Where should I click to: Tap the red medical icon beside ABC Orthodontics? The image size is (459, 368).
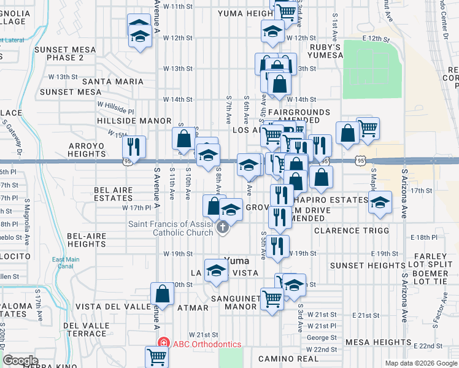(163, 343)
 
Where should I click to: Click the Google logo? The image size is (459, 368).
(20, 361)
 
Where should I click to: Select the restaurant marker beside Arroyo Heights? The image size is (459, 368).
(133, 147)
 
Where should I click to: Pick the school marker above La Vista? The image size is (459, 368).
(216, 270)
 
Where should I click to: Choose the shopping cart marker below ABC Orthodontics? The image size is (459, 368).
(157, 356)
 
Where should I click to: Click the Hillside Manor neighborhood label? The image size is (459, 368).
(130, 121)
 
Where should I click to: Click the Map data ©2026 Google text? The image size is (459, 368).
(421, 363)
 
